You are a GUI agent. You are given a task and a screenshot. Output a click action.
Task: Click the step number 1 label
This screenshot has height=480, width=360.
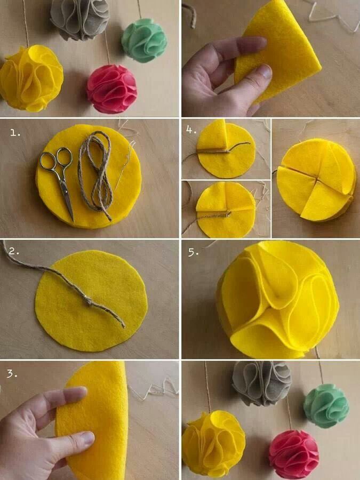pyautogui.click(x=15, y=133)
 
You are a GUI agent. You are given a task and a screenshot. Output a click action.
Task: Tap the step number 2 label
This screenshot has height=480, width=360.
pyautogui.click(x=14, y=252)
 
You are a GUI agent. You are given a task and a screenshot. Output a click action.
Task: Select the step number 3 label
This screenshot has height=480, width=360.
pyautogui.click(x=12, y=374)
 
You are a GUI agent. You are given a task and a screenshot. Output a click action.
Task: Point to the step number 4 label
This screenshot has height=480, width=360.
pyautogui.click(x=192, y=130)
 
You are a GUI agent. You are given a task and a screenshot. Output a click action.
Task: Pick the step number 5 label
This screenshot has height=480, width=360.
pyautogui.click(x=194, y=253)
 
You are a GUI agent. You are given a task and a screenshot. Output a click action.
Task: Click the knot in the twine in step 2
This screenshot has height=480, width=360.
pyautogui.click(x=88, y=301)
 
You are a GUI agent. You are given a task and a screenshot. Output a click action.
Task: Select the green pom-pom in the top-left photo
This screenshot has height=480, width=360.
pyautogui.click(x=144, y=41)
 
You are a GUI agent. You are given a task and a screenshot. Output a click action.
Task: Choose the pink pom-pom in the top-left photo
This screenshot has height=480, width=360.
pyautogui.click(x=112, y=89)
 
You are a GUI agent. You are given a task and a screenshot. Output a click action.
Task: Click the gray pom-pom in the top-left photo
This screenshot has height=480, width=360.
pyautogui.click(x=80, y=19)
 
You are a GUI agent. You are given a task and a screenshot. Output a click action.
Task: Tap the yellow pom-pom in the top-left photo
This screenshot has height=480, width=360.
pyautogui.click(x=31, y=78)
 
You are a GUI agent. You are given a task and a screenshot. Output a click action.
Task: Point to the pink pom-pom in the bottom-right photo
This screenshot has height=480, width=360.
pyautogui.click(x=294, y=455)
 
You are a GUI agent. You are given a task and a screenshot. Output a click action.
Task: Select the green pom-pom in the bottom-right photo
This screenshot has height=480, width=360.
pyautogui.click(x=326, y=406)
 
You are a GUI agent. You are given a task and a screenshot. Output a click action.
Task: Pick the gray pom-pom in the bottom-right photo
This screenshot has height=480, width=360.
pyautogui.click(x=262, y=383)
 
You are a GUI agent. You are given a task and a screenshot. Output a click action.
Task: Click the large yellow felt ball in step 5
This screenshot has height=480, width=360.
pyautogui.click(x=278, y=299)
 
